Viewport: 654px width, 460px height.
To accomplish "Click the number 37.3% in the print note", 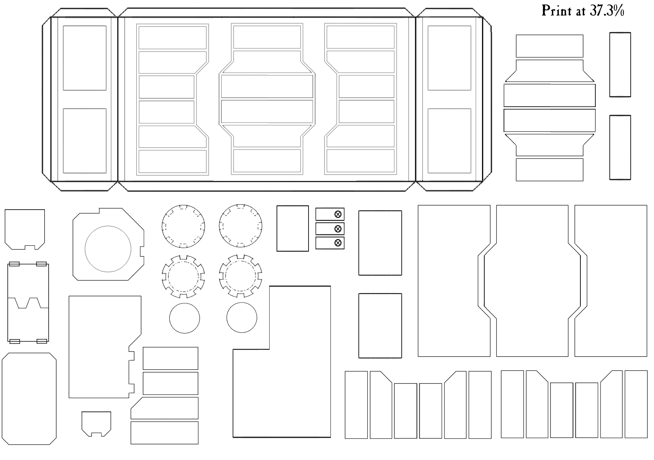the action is [607, 11].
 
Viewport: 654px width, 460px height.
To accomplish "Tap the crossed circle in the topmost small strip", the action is [338, 214].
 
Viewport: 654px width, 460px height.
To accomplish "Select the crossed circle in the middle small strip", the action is [338, 229].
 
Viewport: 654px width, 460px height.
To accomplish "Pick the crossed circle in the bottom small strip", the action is [338, 243].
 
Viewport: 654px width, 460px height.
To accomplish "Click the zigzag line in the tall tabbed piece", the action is [28, 303].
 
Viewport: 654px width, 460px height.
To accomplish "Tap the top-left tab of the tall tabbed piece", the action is [14, 264].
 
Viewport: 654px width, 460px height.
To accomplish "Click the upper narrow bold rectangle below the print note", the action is [610, 65].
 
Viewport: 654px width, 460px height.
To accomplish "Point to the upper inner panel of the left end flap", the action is [63, 58].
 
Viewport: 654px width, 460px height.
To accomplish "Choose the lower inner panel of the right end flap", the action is [428, 141].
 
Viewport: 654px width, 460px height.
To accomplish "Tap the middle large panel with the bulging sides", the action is [497, 281].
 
